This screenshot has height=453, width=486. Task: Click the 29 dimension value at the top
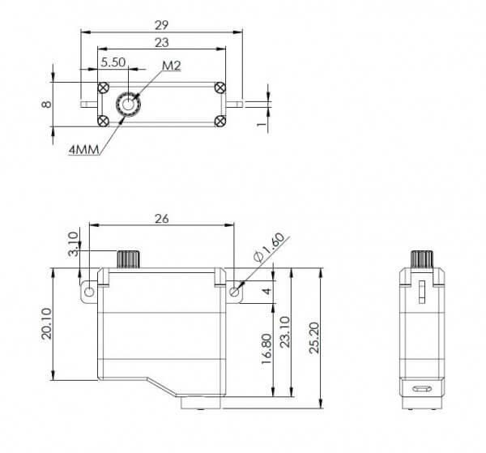click(161, 25)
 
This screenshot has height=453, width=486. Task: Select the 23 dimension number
click(161, 42)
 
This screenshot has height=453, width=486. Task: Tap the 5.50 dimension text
click(113, 62)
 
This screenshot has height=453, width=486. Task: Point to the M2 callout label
click(172, 66)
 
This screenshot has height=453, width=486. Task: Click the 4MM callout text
click(83, 150)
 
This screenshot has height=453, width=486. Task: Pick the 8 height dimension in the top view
click(46, 104)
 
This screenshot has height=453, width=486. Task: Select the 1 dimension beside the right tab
click(262, 123)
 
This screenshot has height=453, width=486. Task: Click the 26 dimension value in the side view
click(162, 219)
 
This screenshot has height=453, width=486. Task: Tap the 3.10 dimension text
click(73, 244)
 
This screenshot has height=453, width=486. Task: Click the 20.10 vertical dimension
click(47, 323)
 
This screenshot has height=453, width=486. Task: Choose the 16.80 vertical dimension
click(266, 348)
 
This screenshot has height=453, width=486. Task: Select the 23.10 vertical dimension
click(285, 331)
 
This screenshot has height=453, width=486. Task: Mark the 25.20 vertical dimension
click(314, 338)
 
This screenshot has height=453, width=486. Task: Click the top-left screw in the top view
click(103, 88)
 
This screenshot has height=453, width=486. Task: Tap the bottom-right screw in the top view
click(220, 121)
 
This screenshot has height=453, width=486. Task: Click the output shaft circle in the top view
click(128, 105)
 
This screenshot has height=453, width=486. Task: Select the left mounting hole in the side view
click(89, 292)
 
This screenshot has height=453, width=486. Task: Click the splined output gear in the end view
click(421, 259)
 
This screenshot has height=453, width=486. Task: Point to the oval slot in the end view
click(421, 389)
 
